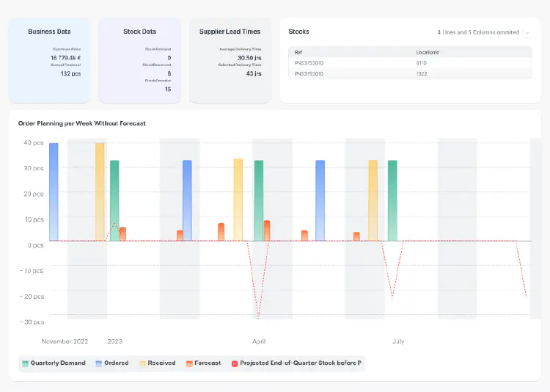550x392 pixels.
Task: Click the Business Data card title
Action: click(x=49, y=32)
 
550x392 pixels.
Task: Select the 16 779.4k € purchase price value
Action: click(x=66, y=57)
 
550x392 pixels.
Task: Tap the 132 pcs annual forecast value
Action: click(x=70, y=73)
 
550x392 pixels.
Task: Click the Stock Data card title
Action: click(x=139, y=32)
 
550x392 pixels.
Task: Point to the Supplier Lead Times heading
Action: click(x=230, y=32)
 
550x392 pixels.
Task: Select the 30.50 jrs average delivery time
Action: click(x=249, y=57)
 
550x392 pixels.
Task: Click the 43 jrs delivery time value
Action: click(x=254, y=73)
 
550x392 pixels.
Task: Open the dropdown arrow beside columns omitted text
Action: click(x=527, y=33)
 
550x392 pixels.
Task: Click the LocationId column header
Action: click(x=427, y=52)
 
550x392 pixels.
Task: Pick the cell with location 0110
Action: click(x=421, y=63)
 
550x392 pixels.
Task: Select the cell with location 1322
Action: click(x=421, y=73)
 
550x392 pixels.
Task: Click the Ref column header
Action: click(x=298, y=52)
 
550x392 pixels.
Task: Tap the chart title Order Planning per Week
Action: click(x=82, y=123)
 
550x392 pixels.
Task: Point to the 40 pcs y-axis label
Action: click(x=34, y=142)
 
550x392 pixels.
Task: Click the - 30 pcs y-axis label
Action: click(x=32, y=322)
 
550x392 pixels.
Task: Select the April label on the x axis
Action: click(x=259, y=341)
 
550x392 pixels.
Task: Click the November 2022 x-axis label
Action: click(x=65, y=341)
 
